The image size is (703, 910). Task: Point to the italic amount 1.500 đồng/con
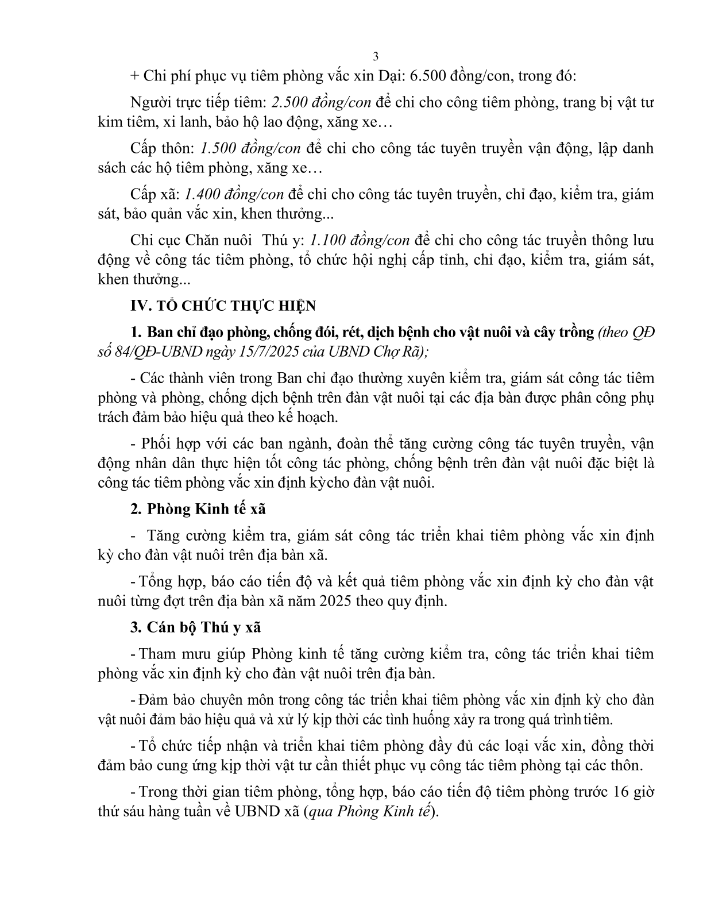[x=250, y=148]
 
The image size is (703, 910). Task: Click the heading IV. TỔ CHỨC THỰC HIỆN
[x=223, y=306]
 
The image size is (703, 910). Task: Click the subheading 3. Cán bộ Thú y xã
[x=196, y=627]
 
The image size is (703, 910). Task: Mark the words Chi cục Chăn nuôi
[x=191, y=240]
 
